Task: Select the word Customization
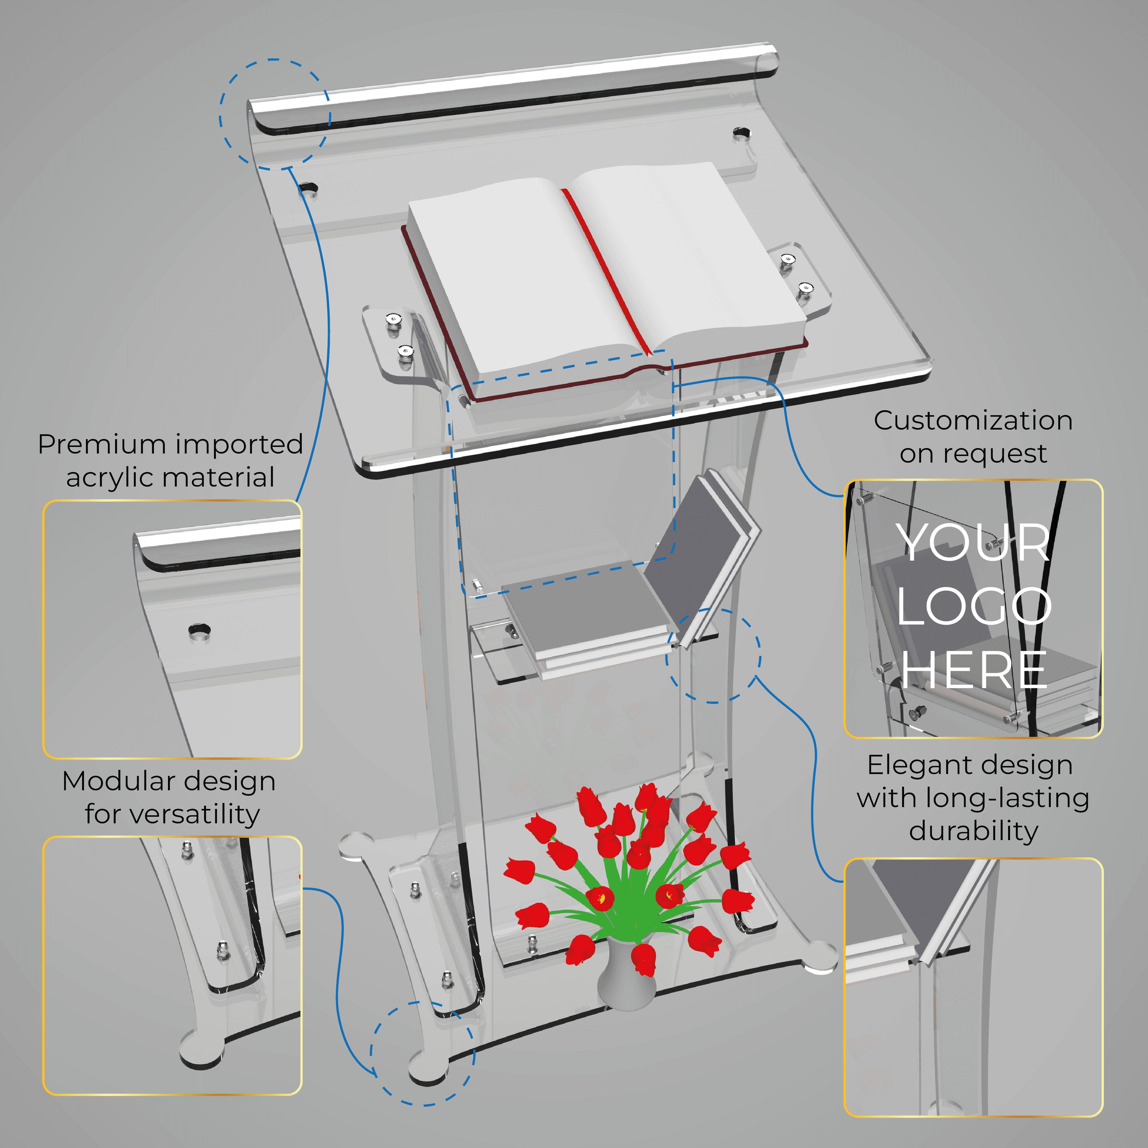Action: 973,421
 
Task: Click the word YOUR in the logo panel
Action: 973,542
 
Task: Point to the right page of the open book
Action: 683,256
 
